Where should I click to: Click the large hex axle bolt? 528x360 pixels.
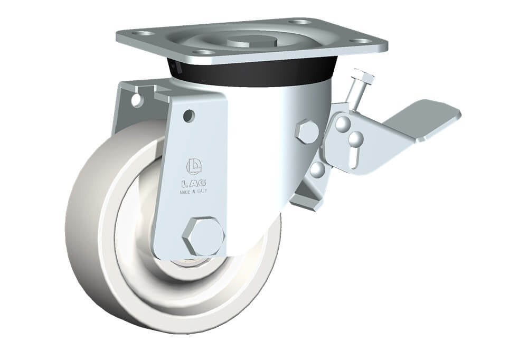[x=203, y=236]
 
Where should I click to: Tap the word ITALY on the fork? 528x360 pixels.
[x=201, y=191]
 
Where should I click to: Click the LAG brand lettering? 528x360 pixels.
[x=194, y=184]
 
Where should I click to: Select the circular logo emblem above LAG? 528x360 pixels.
[x=194, y=166]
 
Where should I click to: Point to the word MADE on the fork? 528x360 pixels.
[x=185, y=192]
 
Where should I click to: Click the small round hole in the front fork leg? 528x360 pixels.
[x=189, y=115]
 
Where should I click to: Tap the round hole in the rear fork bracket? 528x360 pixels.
[x=136, y=100]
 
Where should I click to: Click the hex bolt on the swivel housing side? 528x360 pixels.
[x=307, y=131]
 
